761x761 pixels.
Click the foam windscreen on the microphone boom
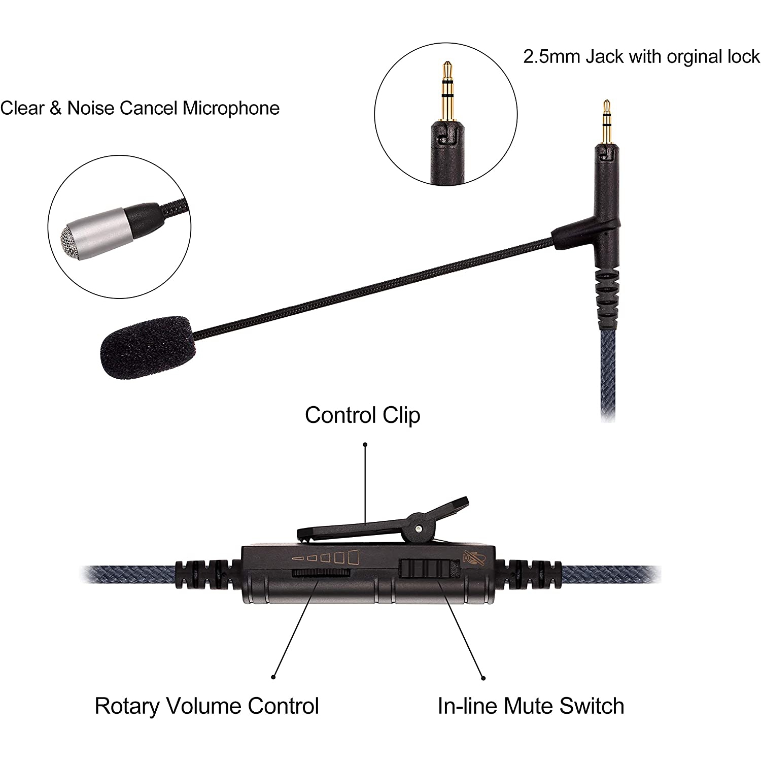(x=147, y=347)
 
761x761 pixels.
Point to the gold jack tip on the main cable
(x=606, y=122)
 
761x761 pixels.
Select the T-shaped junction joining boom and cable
(x=599, y=231)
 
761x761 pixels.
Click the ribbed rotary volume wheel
(x=321, y=573)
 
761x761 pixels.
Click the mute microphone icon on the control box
(x=473, y=558)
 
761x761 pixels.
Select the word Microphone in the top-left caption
(x=231, y=108)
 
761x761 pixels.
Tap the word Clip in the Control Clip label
(x=401, y=415)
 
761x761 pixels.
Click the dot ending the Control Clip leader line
(x=365, y=444)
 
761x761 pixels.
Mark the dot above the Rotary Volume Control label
(x=273, y=677)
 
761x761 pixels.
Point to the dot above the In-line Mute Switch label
(x=483, y=678)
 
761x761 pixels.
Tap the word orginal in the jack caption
(x=695, y=57)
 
